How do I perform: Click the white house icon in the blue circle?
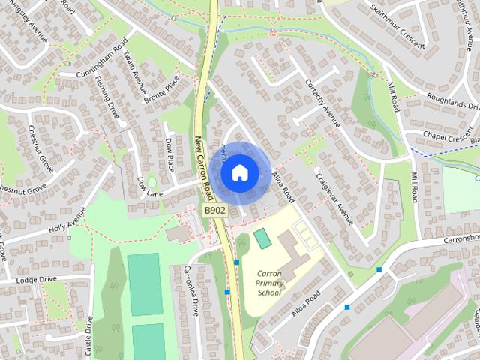[238, 173]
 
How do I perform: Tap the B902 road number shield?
[215, 212]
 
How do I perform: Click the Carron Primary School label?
[269, 283]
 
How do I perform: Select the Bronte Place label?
[163, 88]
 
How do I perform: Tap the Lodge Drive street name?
[37, 279]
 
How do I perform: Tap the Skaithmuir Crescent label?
[397, 20]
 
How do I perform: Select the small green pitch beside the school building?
[262, 239]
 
